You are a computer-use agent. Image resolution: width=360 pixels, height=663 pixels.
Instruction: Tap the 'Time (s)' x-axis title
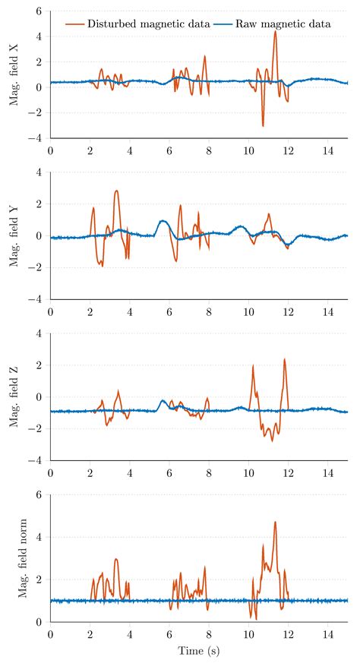point(199,650)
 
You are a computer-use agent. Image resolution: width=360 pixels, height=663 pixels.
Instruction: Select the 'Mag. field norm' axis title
point(23,557)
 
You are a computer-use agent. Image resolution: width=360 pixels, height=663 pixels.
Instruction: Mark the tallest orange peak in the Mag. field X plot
point(275,31)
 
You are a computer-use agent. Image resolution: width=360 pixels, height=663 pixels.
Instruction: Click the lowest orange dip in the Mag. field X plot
point(263,126)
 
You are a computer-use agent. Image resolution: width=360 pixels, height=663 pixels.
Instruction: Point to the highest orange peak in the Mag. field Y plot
point(116,191)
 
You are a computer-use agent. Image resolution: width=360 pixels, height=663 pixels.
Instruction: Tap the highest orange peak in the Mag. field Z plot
point(285,359)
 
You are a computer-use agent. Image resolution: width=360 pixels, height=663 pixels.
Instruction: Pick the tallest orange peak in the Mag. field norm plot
point(275,522)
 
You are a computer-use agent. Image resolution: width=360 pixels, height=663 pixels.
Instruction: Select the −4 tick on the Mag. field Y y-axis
point(40,299)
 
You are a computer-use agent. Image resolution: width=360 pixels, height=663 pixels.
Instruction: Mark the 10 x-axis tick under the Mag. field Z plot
point(248,472)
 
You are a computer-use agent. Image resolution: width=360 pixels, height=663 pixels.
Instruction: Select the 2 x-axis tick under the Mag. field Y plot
point(90,311)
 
